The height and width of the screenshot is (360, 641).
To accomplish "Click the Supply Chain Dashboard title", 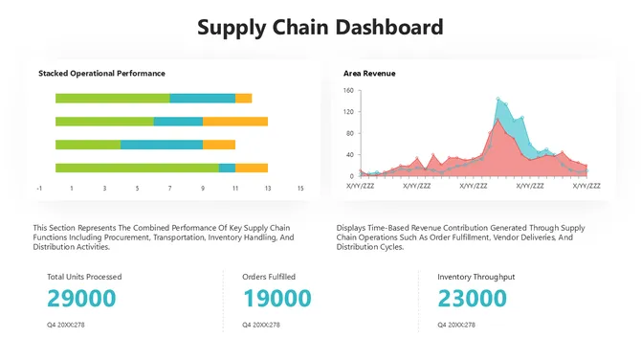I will tap(320, 27).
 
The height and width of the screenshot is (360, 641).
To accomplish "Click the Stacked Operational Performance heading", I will tap(101, 73).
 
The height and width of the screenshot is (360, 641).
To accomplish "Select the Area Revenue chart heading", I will tap(369, 73).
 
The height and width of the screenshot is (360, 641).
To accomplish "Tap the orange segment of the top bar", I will tap(243, 98).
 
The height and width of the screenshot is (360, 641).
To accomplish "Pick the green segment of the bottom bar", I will tap(137, 168).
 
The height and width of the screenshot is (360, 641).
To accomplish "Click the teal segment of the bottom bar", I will tap(227, 168).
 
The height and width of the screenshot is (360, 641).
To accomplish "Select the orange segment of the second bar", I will tap(234, 122).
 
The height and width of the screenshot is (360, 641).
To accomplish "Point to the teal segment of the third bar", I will tap(162, 145).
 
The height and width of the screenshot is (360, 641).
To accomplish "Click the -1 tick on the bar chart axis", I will tap(39, 189).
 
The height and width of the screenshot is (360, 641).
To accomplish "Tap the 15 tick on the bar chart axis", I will tap(300, 189).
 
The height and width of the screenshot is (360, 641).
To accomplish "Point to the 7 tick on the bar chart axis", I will tap(169, 189).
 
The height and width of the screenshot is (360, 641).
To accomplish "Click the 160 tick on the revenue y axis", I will tap(348, 91).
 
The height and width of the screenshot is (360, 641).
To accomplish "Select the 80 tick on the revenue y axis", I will tap(350, 133).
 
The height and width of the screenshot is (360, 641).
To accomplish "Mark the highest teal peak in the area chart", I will tap(498, 99).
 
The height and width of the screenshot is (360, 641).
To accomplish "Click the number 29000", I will tap(81, 299).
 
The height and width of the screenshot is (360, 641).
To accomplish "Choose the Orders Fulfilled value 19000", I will tap(277, 299).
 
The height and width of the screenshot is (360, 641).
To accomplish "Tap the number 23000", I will tap(472, 299).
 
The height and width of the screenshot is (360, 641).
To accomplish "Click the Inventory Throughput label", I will tap(476, 277).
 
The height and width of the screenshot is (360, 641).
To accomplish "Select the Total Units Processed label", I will tap(84, 277).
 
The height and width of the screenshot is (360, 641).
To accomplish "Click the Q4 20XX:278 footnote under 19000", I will tap(261, 325).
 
